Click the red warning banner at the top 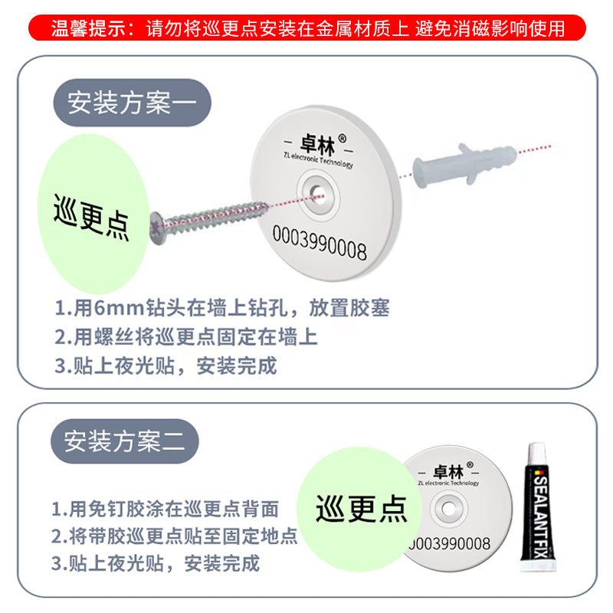[x=307, y=28]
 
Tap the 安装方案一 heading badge [x=132, y=103]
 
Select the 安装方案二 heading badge [x=125, y=441]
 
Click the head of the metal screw [x=158, y=228]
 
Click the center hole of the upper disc [x=318, y=193]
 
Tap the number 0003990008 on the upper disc [x=320, y=243]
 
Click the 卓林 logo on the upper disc [x=318, y=144]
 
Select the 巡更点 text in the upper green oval [x=91, y=218]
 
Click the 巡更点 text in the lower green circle [x=361, y=508]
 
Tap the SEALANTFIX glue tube [x=538, y=507]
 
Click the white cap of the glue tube [x=536, y=454]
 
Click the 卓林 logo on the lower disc [x=448, y=472]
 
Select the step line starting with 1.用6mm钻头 [x=222, y=308]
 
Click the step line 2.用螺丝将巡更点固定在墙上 [x=186, y=337]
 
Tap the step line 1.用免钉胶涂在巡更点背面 [x=165, y=509]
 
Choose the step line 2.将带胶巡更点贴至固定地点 [x=175, y=536]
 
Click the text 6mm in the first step [x=119, y=308]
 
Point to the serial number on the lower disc [x=449, y=544]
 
